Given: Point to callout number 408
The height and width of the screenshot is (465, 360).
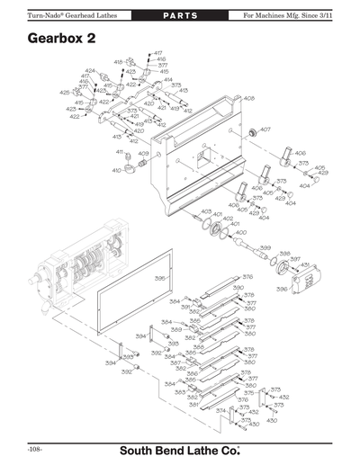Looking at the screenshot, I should pyautogui.click(x=248, y=98).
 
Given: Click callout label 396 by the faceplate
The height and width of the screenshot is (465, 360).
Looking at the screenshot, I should pyautogui.click(x=281, y=290).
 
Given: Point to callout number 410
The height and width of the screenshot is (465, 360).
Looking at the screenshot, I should pyautogui.click(x=116, y=170).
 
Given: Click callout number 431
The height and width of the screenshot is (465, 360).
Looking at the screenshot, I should pyautogui.click(x=304, y=264).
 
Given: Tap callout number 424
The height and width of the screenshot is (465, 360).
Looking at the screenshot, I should pyautogui.click(x=90, y=70).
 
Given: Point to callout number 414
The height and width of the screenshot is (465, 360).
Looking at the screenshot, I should pyautogui.click(x=167, y=79).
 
